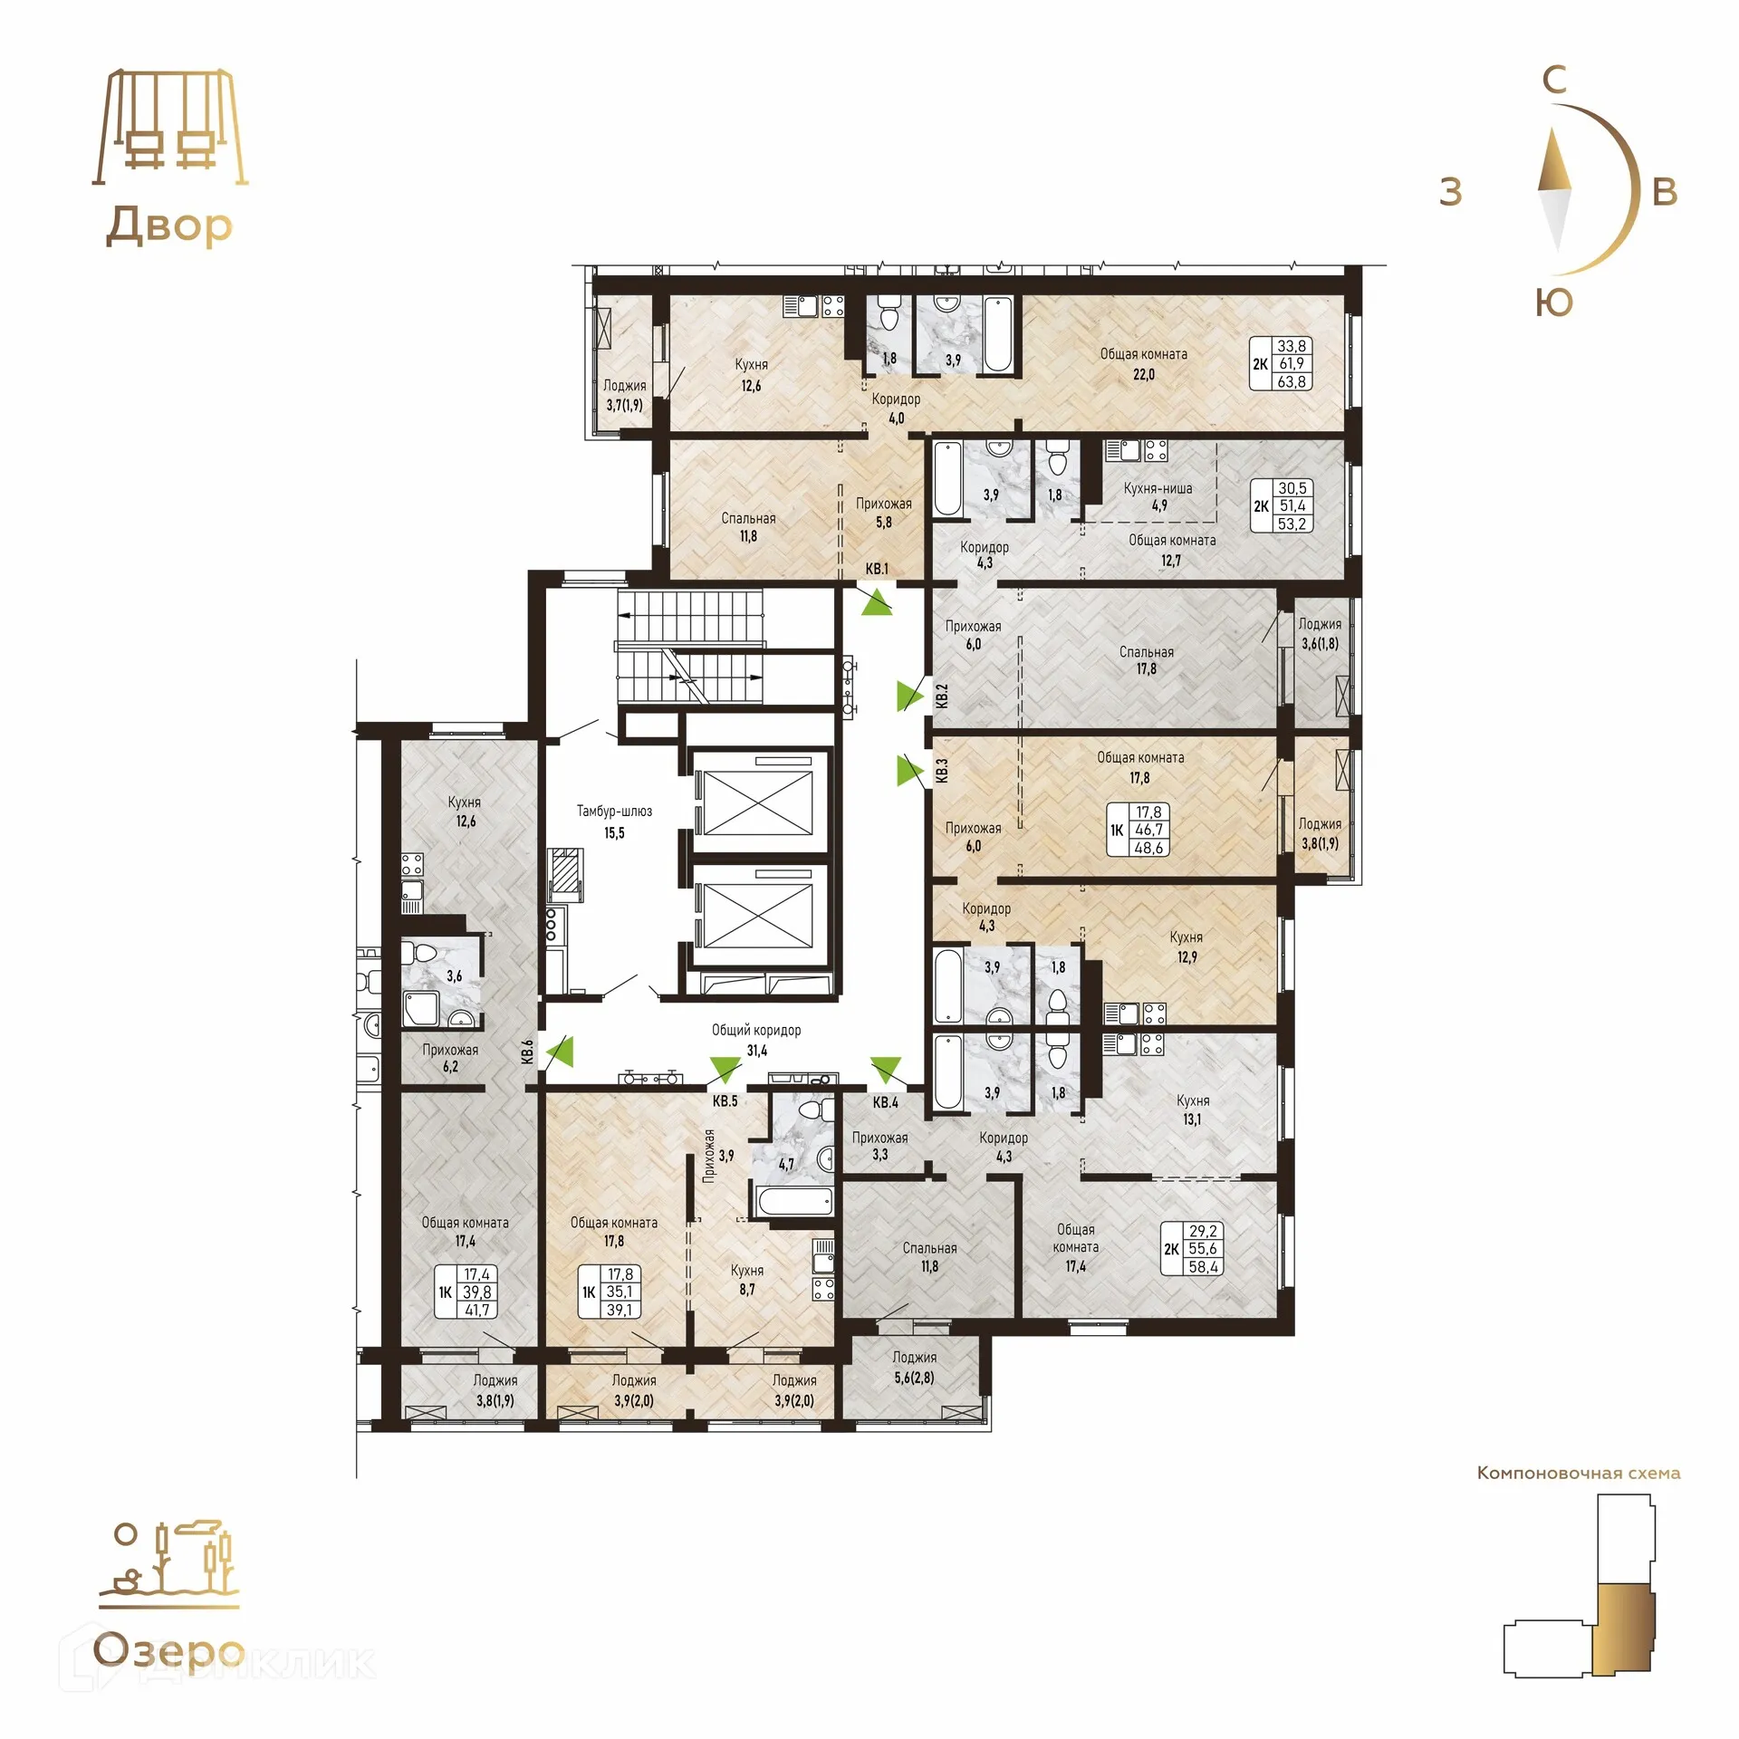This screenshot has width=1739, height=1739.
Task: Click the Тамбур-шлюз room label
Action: (614, 821)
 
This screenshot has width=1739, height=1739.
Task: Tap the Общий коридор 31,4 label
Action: (756, 1040)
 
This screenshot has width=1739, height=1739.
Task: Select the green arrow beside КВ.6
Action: (561, 1052)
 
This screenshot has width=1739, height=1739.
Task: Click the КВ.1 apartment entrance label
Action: (877, 569)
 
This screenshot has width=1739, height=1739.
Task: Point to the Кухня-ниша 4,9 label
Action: (1158, 496)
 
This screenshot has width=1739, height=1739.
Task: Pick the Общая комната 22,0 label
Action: (1143, 363)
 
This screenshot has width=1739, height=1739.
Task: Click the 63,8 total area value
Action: (1292, 382)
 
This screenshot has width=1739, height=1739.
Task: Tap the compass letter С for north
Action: (1554, 81)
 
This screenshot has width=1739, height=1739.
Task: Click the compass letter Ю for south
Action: (1554, 303)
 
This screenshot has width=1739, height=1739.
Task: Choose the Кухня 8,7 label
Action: (747, 1279)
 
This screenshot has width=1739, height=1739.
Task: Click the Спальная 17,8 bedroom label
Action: (1147, 660)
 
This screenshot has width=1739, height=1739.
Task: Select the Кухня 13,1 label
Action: (1192, 1110)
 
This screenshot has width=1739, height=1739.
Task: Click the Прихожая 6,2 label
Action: (450, 1058)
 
